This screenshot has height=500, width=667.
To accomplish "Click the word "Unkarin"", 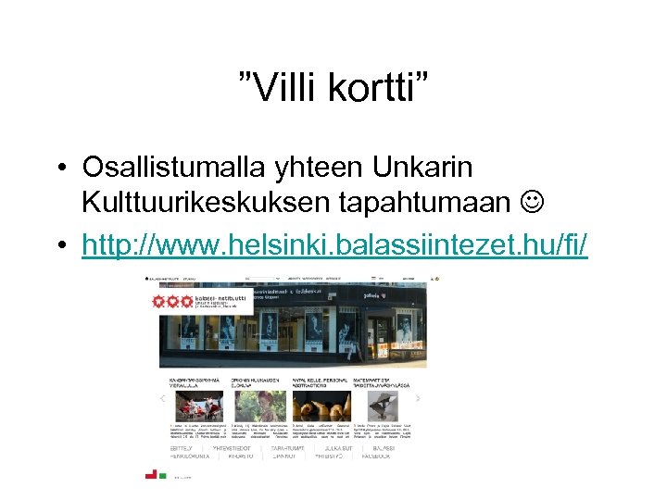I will click(422, 168).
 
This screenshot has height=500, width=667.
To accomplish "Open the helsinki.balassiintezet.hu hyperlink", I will click(334, 244).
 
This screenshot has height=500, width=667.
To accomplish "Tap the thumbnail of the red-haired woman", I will click(259, 405).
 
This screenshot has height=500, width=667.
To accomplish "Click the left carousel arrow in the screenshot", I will click(163, 399).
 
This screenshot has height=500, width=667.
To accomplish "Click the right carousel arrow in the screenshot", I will click(417, 399).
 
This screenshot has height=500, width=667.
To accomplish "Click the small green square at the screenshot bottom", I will click(163, 475).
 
